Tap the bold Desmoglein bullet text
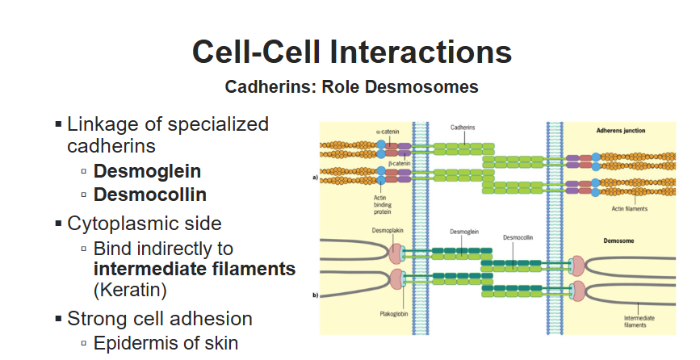[147, 171]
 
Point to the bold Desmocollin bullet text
[150, 195]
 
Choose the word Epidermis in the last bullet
[133, 342]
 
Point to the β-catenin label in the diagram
[400, 163]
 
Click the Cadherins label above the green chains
[463, 128]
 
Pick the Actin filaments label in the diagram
[630, 208]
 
